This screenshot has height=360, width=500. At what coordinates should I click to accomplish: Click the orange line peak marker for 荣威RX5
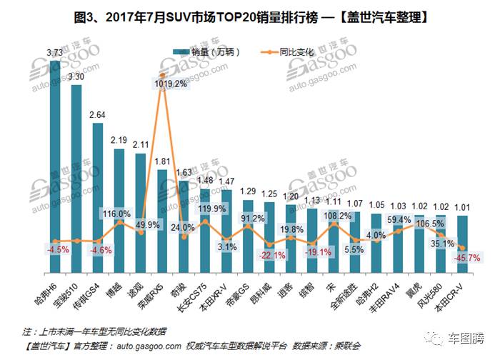click(x=163, y=74)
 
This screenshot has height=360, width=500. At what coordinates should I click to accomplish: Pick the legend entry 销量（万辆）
click(x=209, y=53)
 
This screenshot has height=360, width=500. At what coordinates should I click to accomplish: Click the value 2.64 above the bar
click(x=97, y=114)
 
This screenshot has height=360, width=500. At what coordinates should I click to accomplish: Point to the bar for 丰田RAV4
click(x=398, y=243)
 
